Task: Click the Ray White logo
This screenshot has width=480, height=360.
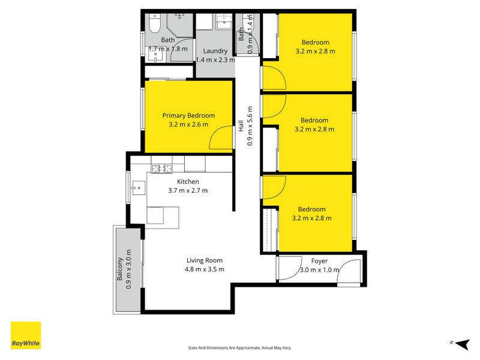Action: tap(26, 335)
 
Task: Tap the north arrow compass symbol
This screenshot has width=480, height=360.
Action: tap(462, 344)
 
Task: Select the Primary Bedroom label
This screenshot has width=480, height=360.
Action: tap(188, 115)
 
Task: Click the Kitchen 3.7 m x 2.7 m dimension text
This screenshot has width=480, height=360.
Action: tap(188, 190)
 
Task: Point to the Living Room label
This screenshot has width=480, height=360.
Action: tap(205, 260)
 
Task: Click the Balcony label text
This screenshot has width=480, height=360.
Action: tap(119, 269)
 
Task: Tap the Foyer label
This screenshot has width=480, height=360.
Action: tap(319, 261)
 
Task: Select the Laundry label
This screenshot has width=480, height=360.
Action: tap(215, 51)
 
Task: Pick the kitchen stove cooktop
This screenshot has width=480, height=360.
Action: tap(162, 169)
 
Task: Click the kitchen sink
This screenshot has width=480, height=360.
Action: tap(139, 188)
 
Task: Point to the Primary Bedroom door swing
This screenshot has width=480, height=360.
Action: tap(221, 137)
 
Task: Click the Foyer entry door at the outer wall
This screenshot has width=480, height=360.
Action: tap(349, 271)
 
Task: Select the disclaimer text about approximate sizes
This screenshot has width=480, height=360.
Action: tap(239, 348)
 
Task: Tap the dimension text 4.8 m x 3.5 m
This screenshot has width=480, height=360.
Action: tap(205, 269)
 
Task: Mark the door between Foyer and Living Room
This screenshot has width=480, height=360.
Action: tap(290, 268)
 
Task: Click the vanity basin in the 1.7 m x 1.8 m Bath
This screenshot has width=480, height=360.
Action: tap(155, 54)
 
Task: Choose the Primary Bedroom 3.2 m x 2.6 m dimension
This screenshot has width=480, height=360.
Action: tap(188, 125)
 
